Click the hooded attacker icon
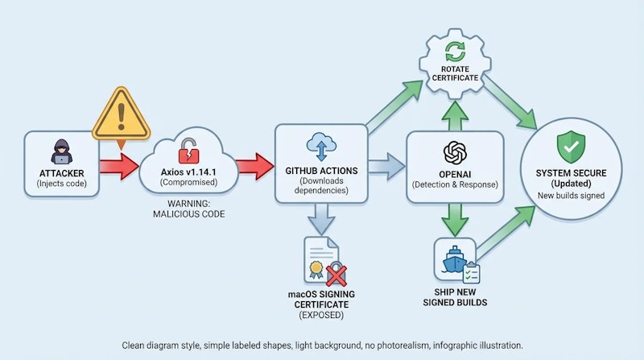coord(62,151)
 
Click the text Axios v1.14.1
coord(188,172)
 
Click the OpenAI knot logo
coord(455,152)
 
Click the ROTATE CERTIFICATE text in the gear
coord(455,72)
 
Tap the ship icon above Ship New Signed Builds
coord(453,259)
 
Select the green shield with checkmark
coord(572,147)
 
